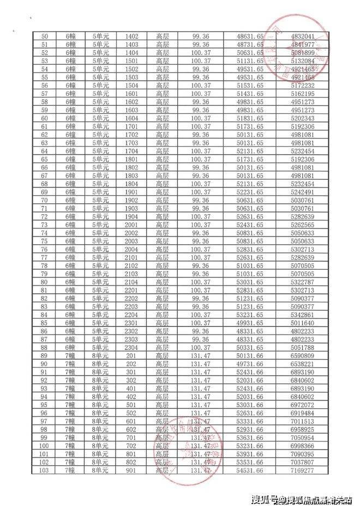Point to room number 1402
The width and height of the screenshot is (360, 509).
click(x=132, y=36)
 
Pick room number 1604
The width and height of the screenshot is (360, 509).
click(x=132, y=118)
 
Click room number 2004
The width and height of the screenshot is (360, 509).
click(x=132, y=249)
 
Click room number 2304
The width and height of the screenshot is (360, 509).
click(x=132, y=347)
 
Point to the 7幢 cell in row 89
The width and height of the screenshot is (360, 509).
click(x=70, y=355)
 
